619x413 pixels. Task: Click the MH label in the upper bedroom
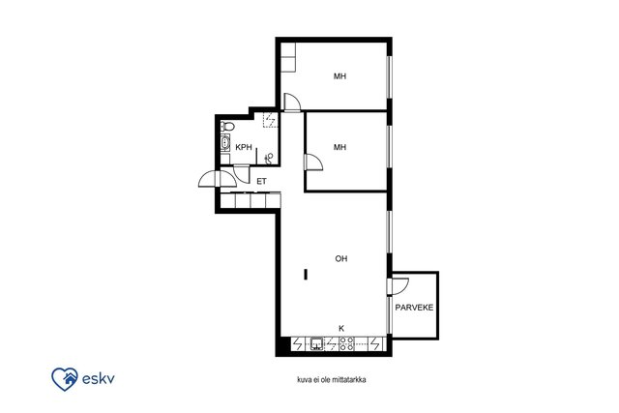tap(339, 76)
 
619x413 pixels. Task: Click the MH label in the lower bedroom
tap(339, 147)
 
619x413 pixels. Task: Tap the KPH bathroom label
tap(244, 147)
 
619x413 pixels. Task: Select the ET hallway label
tap(262, 181)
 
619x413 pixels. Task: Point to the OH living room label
tap(341, 258)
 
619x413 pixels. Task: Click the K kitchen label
tap(341, 328)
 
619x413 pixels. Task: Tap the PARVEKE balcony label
tap(414, 308)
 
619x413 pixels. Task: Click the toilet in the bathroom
tap(227, 127)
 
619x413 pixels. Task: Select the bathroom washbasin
tap(225, 142)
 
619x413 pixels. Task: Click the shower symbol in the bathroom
tap(269, 159)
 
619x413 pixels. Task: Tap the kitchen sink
tap(316, 344)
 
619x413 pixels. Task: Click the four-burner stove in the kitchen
tap(346, 344)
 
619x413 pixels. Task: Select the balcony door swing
tap(398, 286)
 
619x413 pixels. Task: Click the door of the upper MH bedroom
tap(292, 103)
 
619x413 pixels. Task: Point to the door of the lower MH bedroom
tap(313, 162)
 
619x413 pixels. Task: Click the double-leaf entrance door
tap(217, 179)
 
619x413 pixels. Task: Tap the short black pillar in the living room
tap(306, 275)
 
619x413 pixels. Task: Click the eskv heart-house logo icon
tap(65, 379)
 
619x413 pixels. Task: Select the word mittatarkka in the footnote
tap(349, 380)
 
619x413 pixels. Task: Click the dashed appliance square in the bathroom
tap(271, 120)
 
